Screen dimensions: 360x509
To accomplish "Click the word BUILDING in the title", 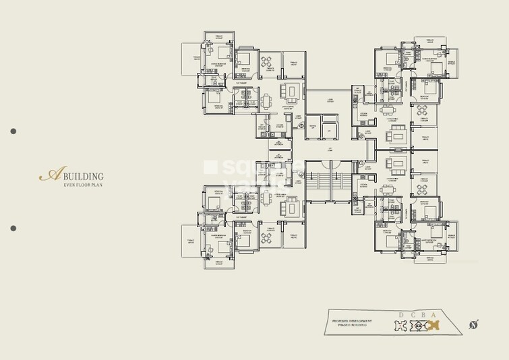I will pos(84,176).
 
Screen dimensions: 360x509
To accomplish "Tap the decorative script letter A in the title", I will pos(49,175).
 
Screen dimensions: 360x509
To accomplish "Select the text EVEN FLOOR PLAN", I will pos(83,185).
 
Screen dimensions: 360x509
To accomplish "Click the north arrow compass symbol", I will pos(475,326).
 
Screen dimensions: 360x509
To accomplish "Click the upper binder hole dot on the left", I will pos(13,131).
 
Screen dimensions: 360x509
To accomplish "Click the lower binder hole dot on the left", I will pos(13,228).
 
